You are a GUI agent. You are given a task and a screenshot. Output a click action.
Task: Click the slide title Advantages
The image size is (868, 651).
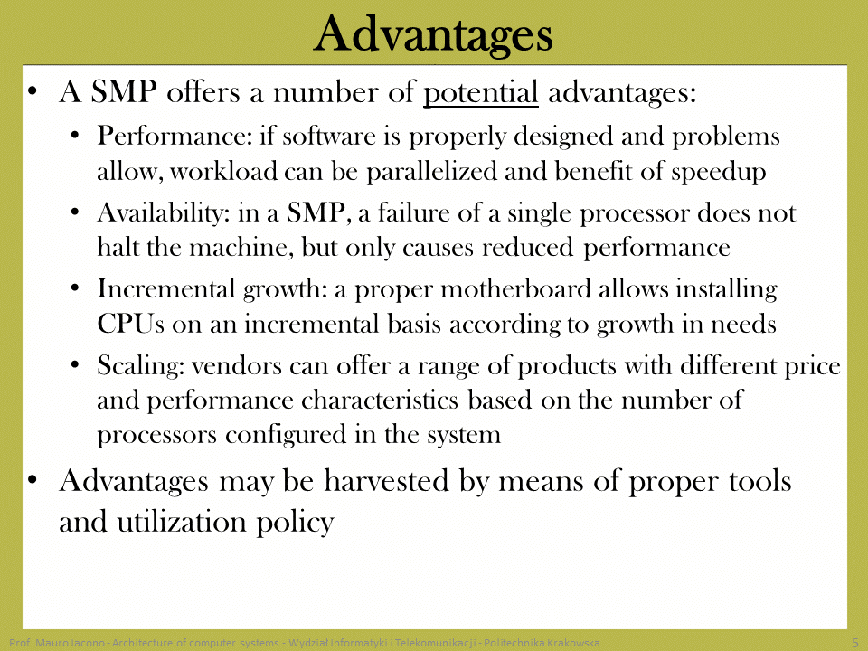tap(433, 35)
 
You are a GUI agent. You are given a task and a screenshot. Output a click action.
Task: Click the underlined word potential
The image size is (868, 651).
tap(480, 93)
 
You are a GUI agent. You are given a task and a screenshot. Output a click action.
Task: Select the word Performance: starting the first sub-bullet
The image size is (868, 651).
tap(175, 137)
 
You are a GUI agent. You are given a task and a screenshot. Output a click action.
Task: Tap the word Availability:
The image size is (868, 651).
tap(164, 213)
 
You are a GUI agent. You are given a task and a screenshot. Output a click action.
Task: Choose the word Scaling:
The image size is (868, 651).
tap(141, 366)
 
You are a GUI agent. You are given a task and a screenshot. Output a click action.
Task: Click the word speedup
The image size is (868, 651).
tap(719, 172)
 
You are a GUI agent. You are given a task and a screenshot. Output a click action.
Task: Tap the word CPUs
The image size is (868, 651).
tap(130, 324)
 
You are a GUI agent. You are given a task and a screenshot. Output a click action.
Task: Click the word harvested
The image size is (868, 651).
tap(386, 480)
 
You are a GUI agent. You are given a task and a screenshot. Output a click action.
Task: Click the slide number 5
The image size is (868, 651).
tap(855, 643)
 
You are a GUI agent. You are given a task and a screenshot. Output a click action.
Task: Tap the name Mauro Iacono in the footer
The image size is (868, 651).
tap(71, 643)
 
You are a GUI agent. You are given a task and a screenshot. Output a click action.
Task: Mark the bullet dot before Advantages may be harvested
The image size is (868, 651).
tap(33, 480)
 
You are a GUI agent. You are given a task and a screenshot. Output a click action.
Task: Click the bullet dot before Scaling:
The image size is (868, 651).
tap(76, 365)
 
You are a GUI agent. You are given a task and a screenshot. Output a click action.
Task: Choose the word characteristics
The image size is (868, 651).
tap(380, 401)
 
